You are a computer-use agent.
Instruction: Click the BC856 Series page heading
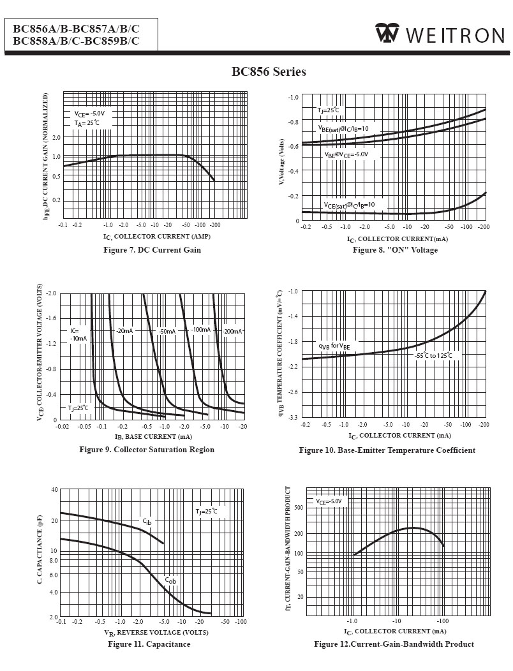(x=269, y=71)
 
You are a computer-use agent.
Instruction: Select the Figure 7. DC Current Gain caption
(x=152, y=250)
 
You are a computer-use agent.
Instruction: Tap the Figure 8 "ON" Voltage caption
(x=395, y=250)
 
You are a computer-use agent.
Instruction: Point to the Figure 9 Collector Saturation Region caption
(x=147, y=450)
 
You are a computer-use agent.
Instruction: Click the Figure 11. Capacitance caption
(x=149, y=644)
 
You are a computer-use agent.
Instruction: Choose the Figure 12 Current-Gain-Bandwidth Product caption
(x=394, y=644)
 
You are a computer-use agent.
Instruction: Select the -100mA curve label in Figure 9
(x=200, y=330)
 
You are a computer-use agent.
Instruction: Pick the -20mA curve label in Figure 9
(x=124, y=331)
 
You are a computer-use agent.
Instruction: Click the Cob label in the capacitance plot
(x=170, y=580)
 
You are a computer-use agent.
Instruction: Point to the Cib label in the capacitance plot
(x=147, y=522)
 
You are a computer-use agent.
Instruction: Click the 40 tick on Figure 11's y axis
(x=54, y=489)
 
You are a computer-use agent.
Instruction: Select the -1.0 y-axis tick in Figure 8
(x=293, y=98)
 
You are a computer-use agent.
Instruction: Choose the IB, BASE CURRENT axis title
(x=153, y=437)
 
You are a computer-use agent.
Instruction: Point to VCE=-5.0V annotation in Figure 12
(x=329, y=502)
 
